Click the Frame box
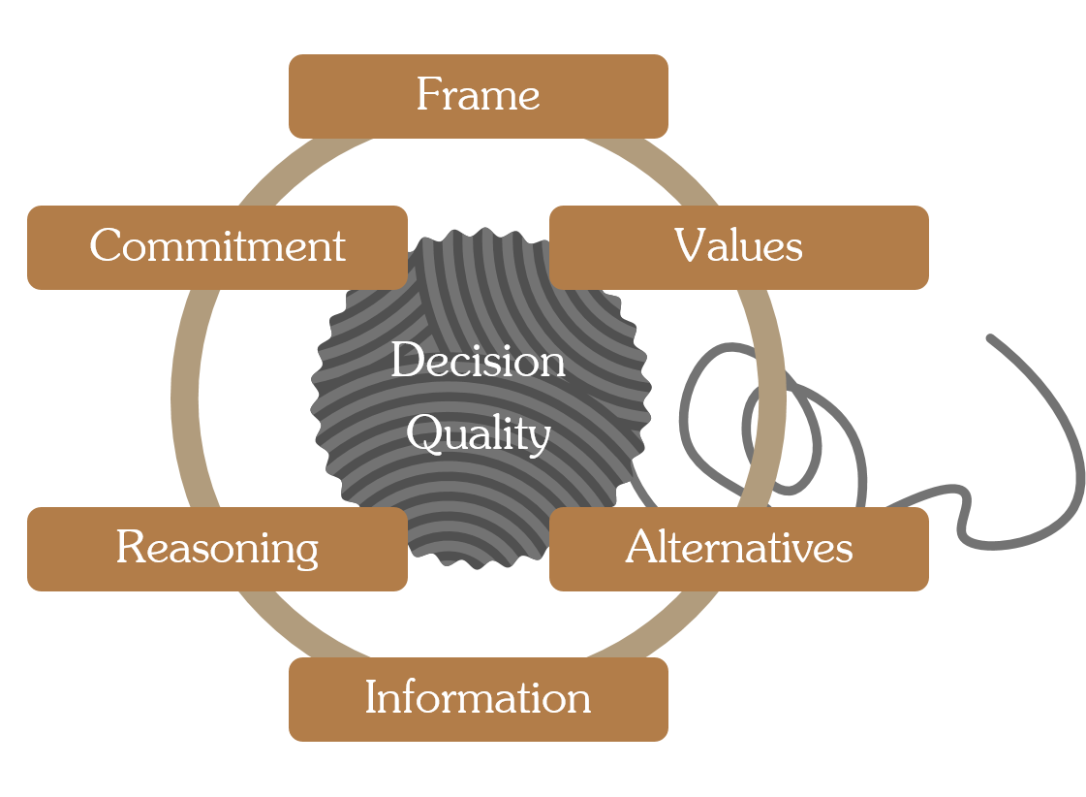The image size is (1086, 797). click(479, 96)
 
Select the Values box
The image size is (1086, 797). click(739, 247)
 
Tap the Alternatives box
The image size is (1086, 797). click(739, 549)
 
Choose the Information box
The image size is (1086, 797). click(479, 699)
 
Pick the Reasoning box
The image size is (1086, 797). click(217, 549)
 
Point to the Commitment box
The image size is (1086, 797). click(217, 247)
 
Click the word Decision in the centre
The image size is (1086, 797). click(478, 361)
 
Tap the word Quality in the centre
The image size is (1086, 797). click(479, 435)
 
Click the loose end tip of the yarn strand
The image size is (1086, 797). click(990, 338)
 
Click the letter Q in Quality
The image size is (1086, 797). click(423, 433)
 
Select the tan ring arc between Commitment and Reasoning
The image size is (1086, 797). click(184, 398)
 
